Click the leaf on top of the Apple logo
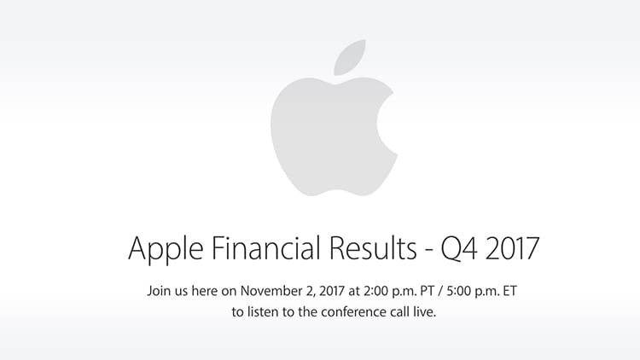(349, 58)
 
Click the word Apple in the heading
(166, 249)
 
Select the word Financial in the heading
(265, 247)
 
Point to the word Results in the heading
(373, 247)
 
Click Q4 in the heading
(458, 248)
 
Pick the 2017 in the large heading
(512, 247)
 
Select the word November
(270, 291)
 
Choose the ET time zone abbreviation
(509, 291)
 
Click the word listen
(264, 312)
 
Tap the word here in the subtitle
(205, 291)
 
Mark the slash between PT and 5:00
(440, 292)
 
